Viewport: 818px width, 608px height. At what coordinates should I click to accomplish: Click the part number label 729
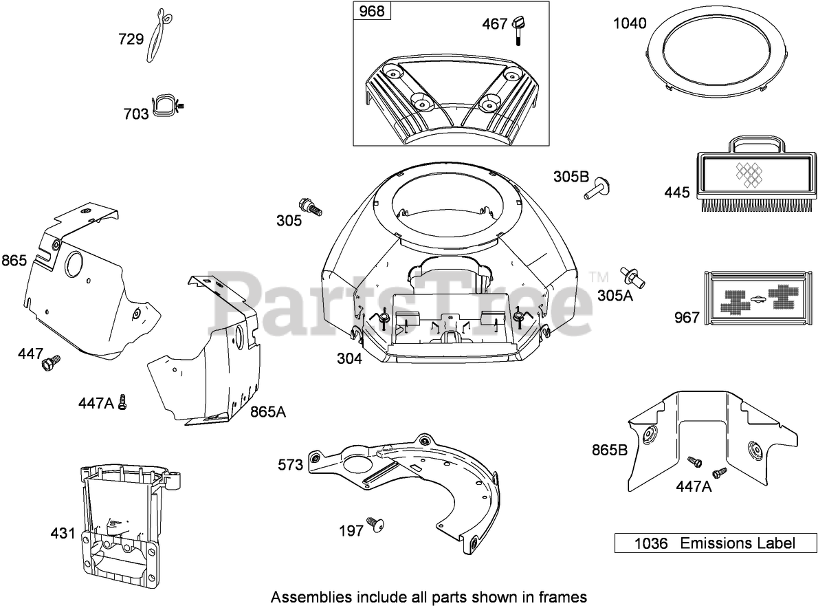pos(131,39)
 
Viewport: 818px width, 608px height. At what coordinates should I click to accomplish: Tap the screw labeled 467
pos(516,29)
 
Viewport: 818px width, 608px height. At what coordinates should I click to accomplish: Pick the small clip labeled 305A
pos(633,276)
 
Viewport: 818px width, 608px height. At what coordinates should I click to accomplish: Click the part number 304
pos(349,358)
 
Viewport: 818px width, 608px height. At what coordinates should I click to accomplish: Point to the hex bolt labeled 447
pos(49,360)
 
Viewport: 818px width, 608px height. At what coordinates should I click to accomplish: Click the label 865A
pos(268,412)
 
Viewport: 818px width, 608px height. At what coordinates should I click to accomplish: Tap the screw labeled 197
pos(373,525)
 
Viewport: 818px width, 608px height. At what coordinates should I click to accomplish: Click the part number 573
pos(290,465)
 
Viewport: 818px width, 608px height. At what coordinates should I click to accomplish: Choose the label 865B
pos(610,450)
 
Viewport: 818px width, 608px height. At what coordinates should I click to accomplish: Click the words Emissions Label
pos(737,543)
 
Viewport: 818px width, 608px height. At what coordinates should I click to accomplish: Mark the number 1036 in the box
pos(650,543)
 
